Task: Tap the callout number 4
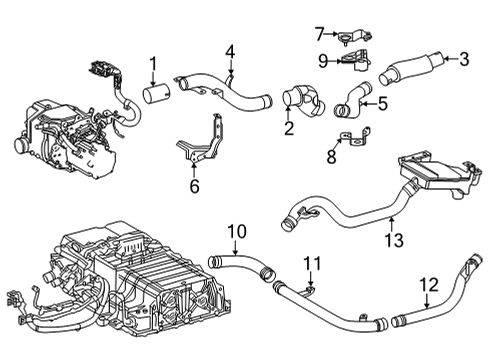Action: coord(230,51)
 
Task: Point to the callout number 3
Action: coord(462,59)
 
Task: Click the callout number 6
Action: coord(194,185)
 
